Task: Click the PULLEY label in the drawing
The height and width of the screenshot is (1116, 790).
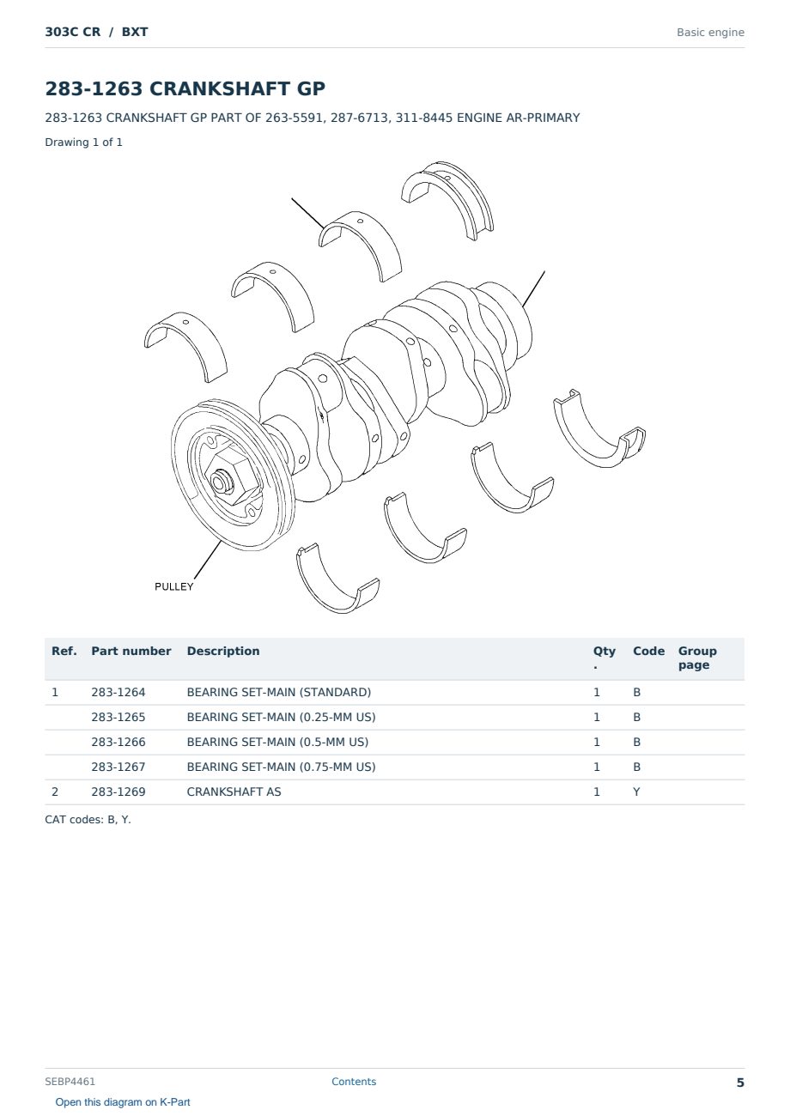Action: coord(173,586)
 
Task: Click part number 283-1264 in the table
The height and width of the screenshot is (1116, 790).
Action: coord(118,692)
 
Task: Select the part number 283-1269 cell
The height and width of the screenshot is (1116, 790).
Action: coord(118,792)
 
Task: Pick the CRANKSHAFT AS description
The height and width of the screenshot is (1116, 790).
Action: coord(234,792)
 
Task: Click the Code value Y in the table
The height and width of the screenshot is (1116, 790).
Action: coord(636,792)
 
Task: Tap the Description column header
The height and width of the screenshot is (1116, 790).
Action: coord(223,651)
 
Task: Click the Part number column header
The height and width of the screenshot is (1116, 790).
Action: coord(131,651)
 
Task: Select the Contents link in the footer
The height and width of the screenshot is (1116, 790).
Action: coord(354,1081)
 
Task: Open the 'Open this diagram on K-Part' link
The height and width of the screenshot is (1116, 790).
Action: coord(123,1102)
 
